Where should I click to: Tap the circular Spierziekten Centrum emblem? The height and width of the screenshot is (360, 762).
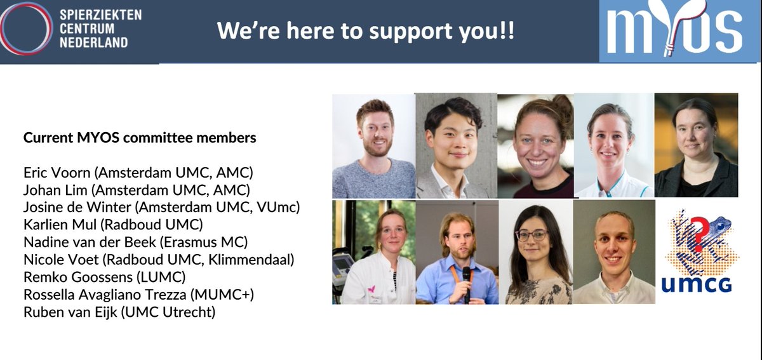[25, 29]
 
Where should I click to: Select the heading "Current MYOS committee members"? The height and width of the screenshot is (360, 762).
[140, 137]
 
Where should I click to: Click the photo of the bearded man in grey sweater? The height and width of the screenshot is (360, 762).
[373, 146]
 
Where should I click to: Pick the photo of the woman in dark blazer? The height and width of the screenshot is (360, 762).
[696, 146]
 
